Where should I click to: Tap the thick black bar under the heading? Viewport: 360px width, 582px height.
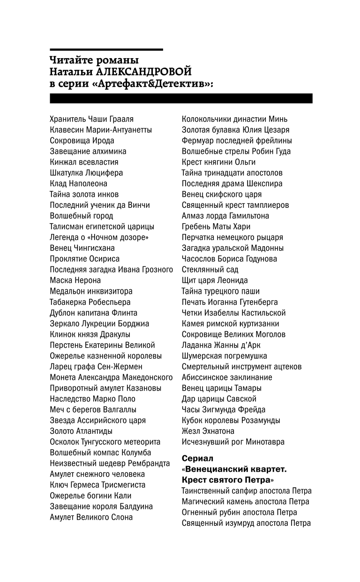click(x=181, y=98)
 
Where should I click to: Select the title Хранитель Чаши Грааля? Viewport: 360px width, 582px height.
click(x=91, y=119)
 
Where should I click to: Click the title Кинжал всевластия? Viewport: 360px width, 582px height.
click(x=84, y=162)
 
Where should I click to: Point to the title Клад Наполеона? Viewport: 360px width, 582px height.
click(x=78, y=184)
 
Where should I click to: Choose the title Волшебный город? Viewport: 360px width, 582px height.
click(x=81, y=216)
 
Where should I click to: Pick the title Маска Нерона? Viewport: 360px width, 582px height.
click(x=75, y=280)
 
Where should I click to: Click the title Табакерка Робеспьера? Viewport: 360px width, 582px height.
click(x=90, y=302)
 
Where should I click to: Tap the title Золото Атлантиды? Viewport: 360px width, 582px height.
click(x=81, y=431)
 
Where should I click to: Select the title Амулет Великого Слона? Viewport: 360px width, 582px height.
click(x=91, y=517)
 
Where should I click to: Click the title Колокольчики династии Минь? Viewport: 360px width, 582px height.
click(x=234, y=119)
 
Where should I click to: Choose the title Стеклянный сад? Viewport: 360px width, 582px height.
click(x=210, y=270)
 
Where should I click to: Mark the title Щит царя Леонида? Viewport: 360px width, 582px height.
click(x=215, y=280)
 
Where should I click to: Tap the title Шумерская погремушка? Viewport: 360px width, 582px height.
click(x=225, y=356)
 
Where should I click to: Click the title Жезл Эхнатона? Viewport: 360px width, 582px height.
click(x=208, y=431)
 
